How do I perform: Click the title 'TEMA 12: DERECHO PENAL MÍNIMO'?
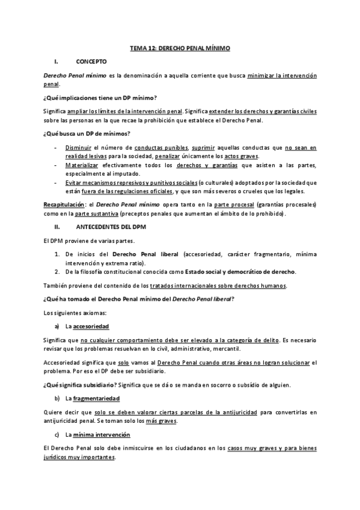(x=180, y=48)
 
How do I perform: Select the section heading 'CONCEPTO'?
(x=91, y=61)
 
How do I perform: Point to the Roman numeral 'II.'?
(x=57, y=227)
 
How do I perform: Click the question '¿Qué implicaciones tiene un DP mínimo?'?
(x=99, y=97)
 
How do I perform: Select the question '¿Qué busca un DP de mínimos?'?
(x=87, y=133)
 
